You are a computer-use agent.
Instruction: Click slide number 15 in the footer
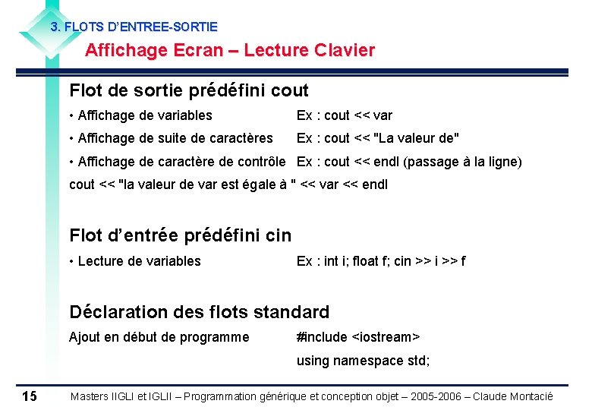(x=30, y=396)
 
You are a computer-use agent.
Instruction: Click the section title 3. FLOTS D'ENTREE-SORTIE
(x=134, y=27)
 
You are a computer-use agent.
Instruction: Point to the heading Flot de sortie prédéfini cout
(x=189, y=91)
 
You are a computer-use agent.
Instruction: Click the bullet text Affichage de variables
(x=144, y=115)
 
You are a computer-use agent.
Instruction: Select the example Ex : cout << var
(x=345, y=115)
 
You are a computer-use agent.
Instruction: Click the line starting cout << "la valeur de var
(x=228, y=184)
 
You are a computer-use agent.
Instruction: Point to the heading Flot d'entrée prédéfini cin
(x=180, y=235)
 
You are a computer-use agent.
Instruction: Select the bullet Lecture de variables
(x=139, y=261)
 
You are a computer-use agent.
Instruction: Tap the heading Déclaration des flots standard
(x=199, y=312)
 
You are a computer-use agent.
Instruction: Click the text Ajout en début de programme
(x=159, y=337)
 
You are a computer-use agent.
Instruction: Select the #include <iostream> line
(x=358, y=337)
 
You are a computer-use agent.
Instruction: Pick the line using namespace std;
(x=363, y=361)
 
